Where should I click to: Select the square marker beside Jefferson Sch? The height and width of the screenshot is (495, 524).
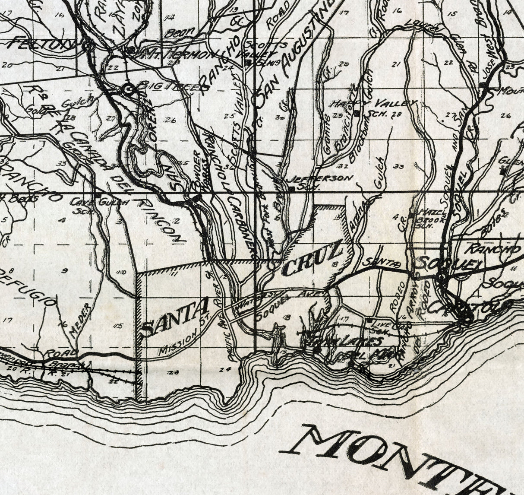[292, 188]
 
